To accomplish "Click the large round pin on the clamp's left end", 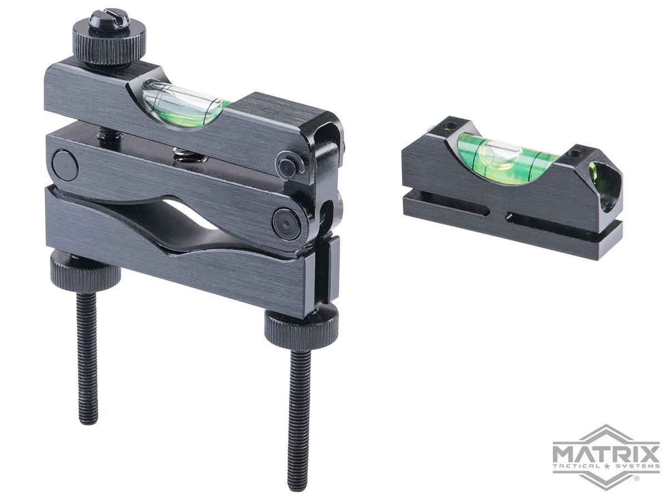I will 65,164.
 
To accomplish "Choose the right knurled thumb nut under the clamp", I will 301,324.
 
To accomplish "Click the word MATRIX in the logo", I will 605,449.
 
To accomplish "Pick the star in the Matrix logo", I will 606,466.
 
